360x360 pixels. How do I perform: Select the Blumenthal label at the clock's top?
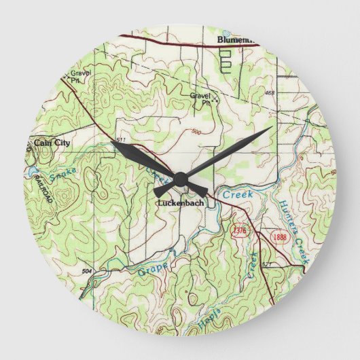235,40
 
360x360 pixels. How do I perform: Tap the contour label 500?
196,132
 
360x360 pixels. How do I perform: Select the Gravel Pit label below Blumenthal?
200,98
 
